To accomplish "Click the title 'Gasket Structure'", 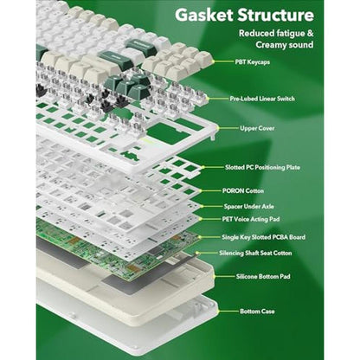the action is click(244, 15).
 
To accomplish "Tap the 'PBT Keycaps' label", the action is click(253, 61).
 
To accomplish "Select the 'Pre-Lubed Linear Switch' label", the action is click(262, 99).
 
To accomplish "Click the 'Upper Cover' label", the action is click(257, 128).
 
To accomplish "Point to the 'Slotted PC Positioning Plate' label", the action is click(262, 167).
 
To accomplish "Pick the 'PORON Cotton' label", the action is click(243, 191).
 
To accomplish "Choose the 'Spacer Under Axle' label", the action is click(249, 207).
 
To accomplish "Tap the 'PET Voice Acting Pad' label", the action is click(251, 219).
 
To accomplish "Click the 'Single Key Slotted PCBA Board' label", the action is click(263, 237).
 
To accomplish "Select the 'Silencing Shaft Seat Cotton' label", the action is click(255, 254).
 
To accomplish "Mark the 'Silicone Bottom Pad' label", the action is click(263, 277).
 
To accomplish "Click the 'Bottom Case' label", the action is click(257, 312).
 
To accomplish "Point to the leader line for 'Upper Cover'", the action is click(227, 128).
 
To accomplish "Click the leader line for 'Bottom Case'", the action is click(228, 312).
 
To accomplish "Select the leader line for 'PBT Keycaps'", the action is click(223, 61).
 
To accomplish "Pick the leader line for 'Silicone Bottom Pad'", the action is click(224, 276).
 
